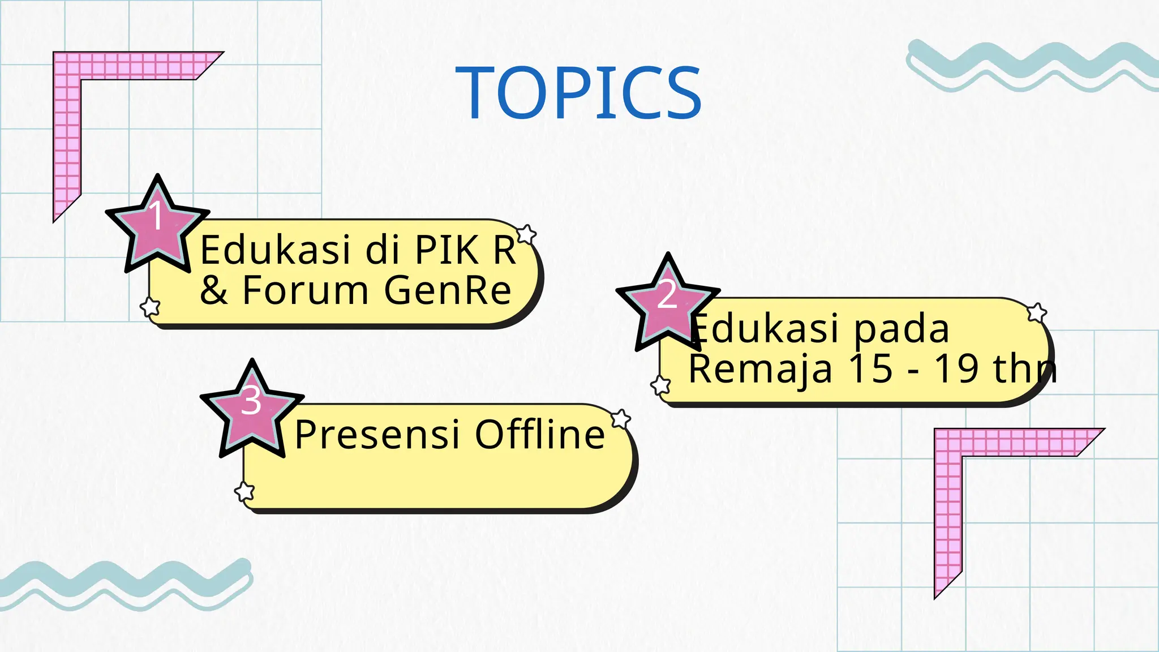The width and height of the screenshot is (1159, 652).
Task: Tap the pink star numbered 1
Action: pos(157,223)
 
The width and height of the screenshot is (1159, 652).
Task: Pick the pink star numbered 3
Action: pos(252,407)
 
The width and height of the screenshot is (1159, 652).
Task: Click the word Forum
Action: pos(305,290)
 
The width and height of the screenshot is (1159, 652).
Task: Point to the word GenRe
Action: pos(448,290)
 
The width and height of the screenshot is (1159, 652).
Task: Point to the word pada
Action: pos(901,329)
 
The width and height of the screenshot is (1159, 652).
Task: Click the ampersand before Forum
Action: pos(214,290)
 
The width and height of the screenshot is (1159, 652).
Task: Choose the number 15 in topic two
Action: pos(871,369)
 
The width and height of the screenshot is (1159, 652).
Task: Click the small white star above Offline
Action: pos(621,419)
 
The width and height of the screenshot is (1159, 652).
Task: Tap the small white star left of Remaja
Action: pos(660,385)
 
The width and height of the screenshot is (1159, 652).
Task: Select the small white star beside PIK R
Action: pos(526,234)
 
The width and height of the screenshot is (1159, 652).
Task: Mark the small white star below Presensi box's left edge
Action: pos(244,491)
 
